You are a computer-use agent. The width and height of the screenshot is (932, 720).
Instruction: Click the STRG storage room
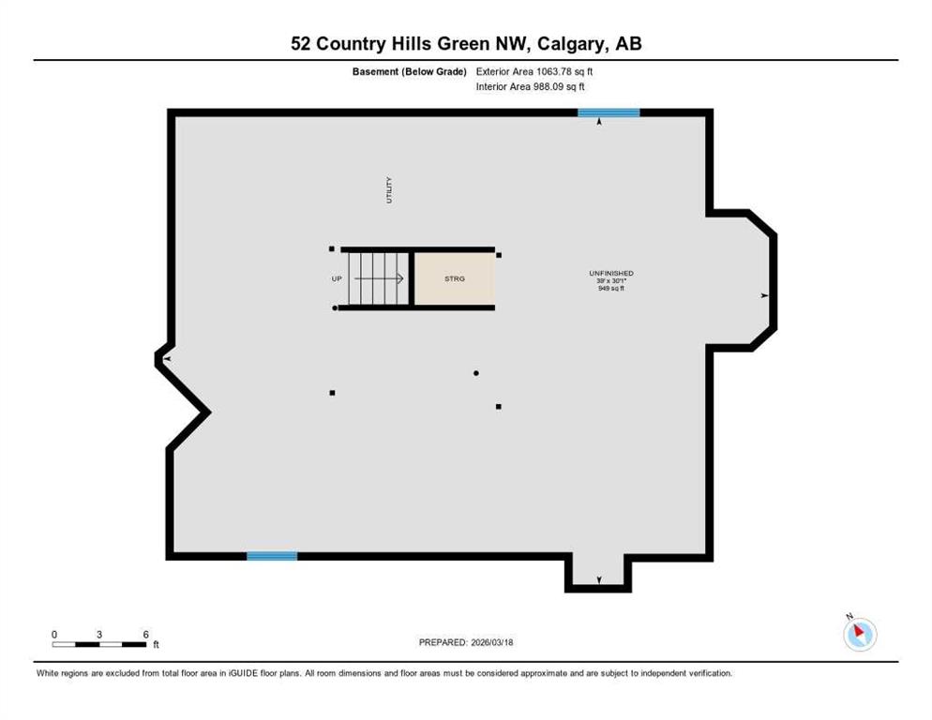coord(455,278)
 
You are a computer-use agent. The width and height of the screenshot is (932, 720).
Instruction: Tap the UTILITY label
coord(389,189)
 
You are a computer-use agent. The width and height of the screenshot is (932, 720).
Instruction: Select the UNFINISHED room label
coord(611,274)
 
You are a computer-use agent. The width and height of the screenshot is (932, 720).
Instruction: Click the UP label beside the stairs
coord(337,278)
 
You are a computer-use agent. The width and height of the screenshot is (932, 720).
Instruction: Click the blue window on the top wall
coord(609,112)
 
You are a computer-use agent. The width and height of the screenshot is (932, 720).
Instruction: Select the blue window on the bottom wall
coord(272,556)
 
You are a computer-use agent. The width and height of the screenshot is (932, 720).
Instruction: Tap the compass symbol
coord(860,633)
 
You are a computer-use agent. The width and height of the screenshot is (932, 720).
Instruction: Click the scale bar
coord(99,644)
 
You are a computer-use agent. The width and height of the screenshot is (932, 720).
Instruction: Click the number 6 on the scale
coord(145,635)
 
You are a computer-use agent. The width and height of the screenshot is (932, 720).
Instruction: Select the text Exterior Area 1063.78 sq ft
coord(534,71)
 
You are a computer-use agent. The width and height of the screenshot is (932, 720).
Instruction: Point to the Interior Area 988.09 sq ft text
coord(530,87)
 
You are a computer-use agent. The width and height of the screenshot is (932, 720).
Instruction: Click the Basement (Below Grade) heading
coord(410,71)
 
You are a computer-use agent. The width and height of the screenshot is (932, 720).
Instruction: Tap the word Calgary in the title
coord(574,44)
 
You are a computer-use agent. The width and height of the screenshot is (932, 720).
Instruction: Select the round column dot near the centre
coord(476,373)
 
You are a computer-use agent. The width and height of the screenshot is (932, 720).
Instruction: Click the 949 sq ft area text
coord(611,289)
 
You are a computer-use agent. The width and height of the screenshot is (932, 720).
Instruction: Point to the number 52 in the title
coord(301,44)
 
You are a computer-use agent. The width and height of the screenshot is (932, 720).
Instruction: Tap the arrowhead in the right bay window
coord(765,295)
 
